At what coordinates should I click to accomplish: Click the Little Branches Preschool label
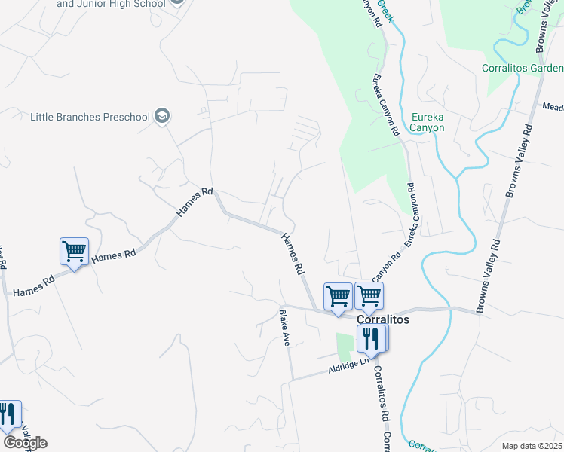90,117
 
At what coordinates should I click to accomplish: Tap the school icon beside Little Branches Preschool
161,116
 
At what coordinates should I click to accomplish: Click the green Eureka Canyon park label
428,122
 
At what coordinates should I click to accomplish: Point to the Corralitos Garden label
523,69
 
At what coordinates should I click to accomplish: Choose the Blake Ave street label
285,328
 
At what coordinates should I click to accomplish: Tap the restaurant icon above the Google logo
8,415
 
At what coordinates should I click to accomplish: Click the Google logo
25,443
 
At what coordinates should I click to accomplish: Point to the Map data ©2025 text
531,446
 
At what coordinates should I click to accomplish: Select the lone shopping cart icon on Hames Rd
75,252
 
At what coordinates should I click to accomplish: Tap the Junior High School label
109,4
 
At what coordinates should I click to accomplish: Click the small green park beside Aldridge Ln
345,347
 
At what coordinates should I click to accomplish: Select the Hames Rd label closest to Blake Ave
293,253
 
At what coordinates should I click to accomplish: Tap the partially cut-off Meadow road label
553,107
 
